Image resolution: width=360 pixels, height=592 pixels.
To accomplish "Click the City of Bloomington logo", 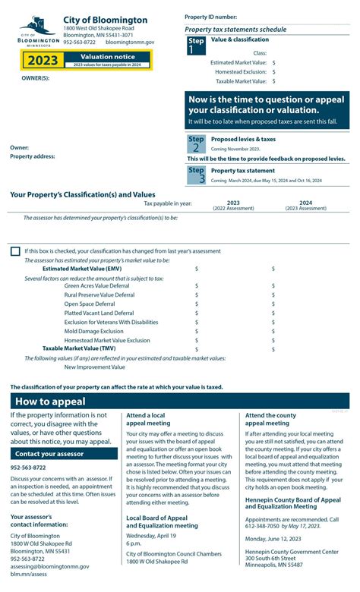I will pyautogui.click(x=38, y=32).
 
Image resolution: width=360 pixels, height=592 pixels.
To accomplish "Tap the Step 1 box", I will pyautogui.click(x=196, y=46).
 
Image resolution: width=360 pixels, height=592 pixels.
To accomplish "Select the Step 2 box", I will pyautogui.click(x=196, y=143).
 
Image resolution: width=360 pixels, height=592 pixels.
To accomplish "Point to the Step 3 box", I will pyautogui.click(x=196, y=175).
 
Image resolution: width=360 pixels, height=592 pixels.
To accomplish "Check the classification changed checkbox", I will pyautogui.click(x=15, y=251).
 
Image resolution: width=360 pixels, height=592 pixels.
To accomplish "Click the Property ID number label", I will pyautogui.click(x=210, y=17).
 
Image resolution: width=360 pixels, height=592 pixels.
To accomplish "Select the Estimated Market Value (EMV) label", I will pyautogui.click(x=82, y=269).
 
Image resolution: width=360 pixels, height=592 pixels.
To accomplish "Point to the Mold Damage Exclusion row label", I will pyautogui.click(x=93, y=332).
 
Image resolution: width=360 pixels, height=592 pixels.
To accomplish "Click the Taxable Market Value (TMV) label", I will pyautogui.click(x=81, y=349).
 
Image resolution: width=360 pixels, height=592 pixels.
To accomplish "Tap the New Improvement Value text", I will pyautogui.click(x=95, y=367).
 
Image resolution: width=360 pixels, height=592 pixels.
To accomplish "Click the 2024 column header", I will pyautogui.click(x=305, y=203).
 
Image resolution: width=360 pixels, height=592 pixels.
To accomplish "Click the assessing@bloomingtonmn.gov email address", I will pyautogui.click(x=49, y=566).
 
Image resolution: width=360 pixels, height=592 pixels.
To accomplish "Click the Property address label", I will pyautogui.click(x=33, y=156).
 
